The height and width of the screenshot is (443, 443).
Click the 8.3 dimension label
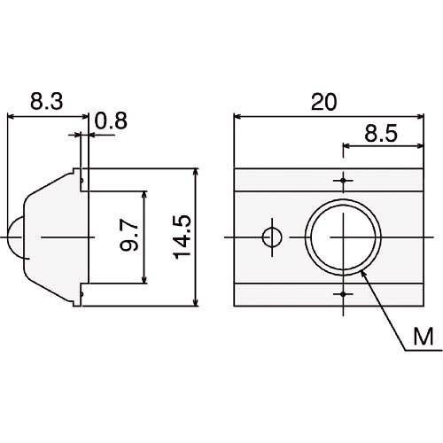point(45,103)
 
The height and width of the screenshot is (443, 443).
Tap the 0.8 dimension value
point(110,119)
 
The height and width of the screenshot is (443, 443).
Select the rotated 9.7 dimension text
point(130,237)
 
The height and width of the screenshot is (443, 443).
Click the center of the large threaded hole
point(344,237)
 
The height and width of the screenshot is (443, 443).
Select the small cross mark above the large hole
point(344,181)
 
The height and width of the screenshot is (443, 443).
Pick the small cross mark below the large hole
point(344,292)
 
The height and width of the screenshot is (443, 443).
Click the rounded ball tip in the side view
point(13,237)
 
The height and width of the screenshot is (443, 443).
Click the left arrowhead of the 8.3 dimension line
point(11,116)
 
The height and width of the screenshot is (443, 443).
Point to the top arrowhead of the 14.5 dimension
point(194,173)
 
